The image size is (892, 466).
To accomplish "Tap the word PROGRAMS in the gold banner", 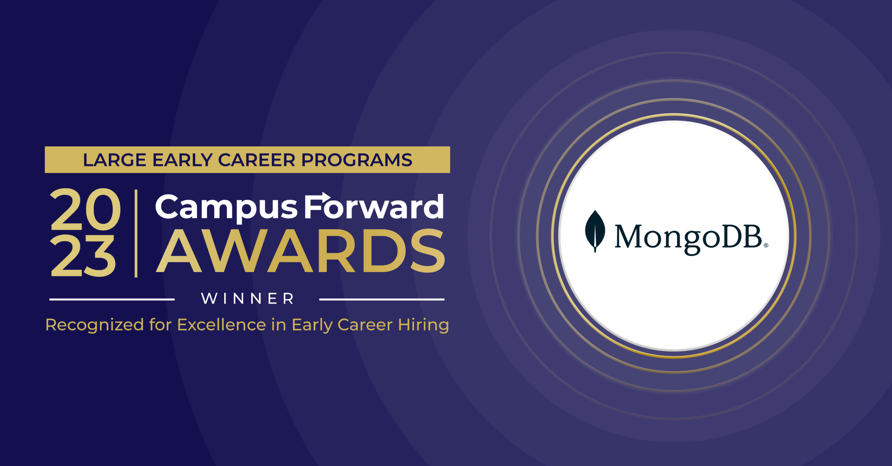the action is (357, 160).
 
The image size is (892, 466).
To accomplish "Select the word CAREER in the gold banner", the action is (257, 160).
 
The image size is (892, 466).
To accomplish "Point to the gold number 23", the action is (83, 256).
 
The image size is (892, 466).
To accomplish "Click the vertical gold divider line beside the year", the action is (136, 233).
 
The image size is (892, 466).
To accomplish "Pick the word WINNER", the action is (247, 299).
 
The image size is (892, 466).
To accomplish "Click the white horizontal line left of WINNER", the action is (112, 299).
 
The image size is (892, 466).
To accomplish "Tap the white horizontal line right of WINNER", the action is (382, 299).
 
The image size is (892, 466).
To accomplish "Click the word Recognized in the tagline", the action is (95, 325).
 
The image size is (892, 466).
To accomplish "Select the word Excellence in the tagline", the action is (222, 325).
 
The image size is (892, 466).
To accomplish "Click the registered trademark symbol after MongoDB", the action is (766, 245).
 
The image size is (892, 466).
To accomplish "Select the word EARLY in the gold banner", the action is (182, 160).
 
